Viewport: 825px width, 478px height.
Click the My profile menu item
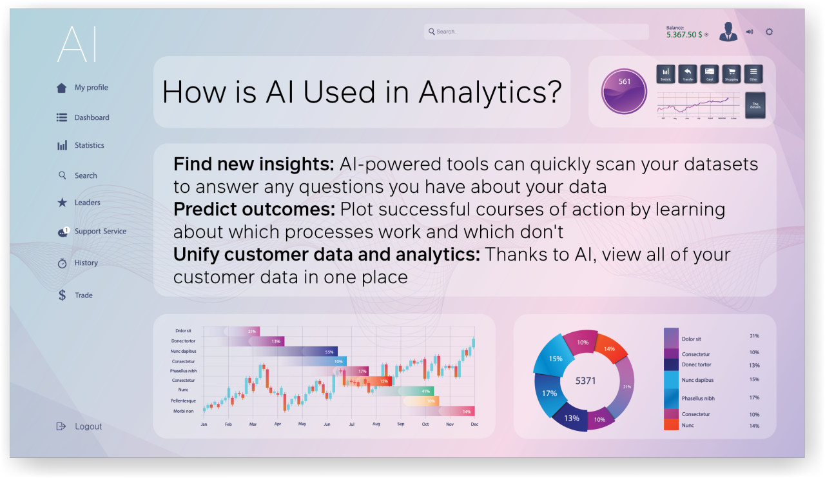(91, 88)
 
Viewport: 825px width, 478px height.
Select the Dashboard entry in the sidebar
(92, 117)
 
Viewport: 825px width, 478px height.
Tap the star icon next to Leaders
(62, 203)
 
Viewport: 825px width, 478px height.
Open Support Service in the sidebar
(100, 232)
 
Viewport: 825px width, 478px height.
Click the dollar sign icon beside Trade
(62, 295)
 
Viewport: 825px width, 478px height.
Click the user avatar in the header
(728, 32)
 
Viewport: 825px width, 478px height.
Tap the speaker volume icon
(750, 32)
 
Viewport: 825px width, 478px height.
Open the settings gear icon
(769, 32)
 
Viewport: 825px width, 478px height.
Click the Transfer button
(687, 74)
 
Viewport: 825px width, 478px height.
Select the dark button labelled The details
(755, 105)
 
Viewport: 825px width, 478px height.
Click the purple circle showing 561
(624, 91)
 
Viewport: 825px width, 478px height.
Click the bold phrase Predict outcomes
(254, 210)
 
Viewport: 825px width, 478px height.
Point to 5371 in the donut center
(585, 381)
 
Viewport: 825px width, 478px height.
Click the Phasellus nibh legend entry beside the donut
(698, 399)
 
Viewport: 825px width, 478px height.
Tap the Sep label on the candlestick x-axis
(400, 424)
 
